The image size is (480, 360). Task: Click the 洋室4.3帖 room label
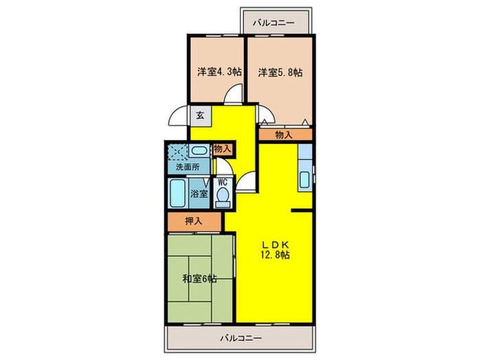point(219,72)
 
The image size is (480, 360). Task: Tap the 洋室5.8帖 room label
point(280,72)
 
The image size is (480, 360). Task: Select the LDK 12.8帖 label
point(275,250)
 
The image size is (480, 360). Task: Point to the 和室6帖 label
point(200,279)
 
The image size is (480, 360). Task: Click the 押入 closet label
point(194,221)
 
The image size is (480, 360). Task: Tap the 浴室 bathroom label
point(199,193)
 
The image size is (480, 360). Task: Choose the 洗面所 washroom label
point(188,167)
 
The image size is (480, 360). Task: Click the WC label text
point(222,182)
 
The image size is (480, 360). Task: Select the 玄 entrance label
point(200,115)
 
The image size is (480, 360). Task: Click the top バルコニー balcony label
point(274,23)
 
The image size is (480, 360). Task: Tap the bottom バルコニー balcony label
point(241,338)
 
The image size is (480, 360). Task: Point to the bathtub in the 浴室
point(178,193)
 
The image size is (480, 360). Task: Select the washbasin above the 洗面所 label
point(199,151)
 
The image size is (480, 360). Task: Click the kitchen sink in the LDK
point(304,180)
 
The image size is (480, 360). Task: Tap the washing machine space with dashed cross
point(178,152)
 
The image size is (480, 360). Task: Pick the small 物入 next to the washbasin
point(223,149)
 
